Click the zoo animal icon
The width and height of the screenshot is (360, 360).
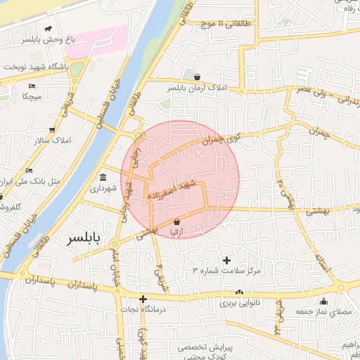(x=48, y=29)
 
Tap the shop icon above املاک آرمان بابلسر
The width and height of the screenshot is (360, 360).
(x=197, y=77)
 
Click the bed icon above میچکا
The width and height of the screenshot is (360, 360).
(x=31, y=85)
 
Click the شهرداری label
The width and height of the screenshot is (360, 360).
(x=103, y=188)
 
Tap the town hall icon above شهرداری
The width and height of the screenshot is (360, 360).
(x=103, y=176)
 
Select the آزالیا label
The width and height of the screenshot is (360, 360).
(x=176, y=233)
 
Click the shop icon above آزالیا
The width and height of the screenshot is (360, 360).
(x=176, y=221)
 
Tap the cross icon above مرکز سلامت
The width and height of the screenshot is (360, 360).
(x=226, y=260)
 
